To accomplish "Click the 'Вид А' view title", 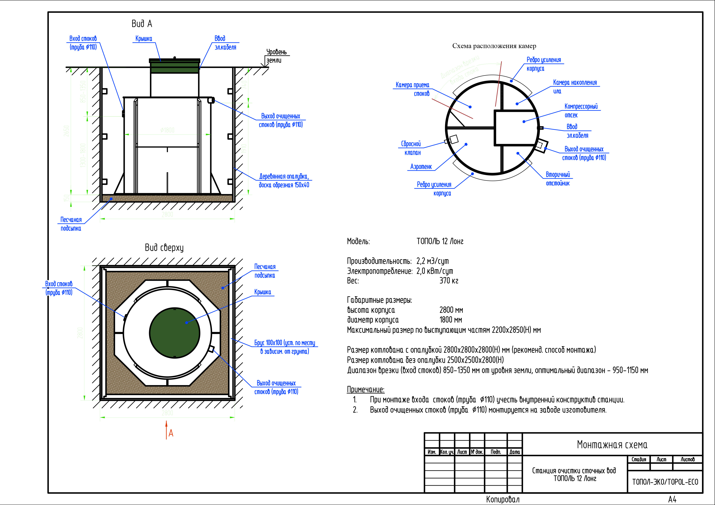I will tap(142, 24).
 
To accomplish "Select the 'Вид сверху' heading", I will tap(164, 248).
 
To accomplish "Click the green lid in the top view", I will tap(174, 333).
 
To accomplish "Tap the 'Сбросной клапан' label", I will tap(411, 148).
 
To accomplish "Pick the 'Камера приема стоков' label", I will tap(413, 89).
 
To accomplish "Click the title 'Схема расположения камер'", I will tap(494, 46).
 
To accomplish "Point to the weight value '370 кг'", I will tap(449, 281).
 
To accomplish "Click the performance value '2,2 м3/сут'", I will tap(433, 261).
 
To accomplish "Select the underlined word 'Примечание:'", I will tap(366, 389).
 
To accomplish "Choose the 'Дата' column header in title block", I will tap(514, 452).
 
